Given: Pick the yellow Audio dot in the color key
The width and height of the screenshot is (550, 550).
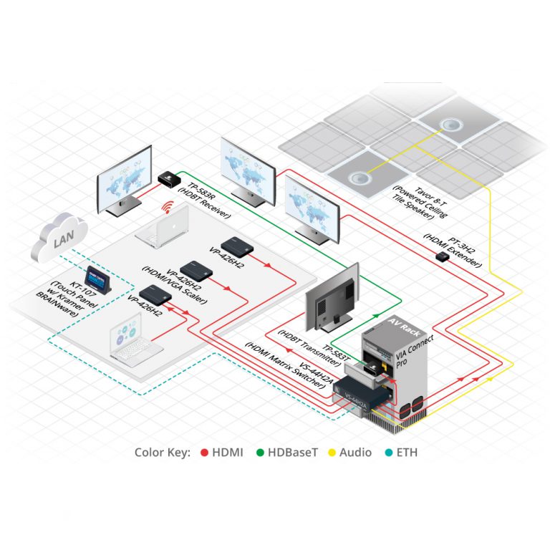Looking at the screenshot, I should click(332, 453).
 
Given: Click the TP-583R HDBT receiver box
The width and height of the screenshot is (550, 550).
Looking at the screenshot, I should click(169, 178).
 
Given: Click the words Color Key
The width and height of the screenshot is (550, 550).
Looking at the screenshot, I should click(163, 453).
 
